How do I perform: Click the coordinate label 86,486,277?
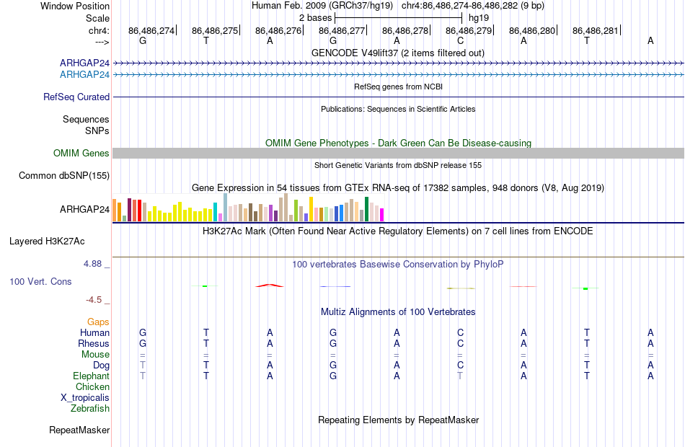click(342, 30)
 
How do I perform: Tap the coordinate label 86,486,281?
click(596, 30)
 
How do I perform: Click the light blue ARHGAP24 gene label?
click(85, 75)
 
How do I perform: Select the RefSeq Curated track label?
click(76, 97)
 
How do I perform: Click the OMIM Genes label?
click(81, 153)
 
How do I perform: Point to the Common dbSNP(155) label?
click(64, 176)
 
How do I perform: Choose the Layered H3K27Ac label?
click(47, 242)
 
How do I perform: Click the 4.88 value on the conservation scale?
click(92, 263)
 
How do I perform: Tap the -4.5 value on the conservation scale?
click(94, 300)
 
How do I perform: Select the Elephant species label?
click(92, 376)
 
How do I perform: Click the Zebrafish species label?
click(90, 409)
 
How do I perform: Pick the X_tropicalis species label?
click(85, 398)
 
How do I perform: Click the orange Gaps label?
click(98, 322)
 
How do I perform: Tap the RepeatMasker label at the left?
click(79, 430)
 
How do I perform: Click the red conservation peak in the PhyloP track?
click(270, 286)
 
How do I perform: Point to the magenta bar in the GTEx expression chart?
click(381, 215)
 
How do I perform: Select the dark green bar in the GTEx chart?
click(366, 209)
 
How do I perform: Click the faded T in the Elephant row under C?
click(460, 376)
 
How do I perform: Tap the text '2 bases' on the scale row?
click(315, 18)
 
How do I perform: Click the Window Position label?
click(75, 6)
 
